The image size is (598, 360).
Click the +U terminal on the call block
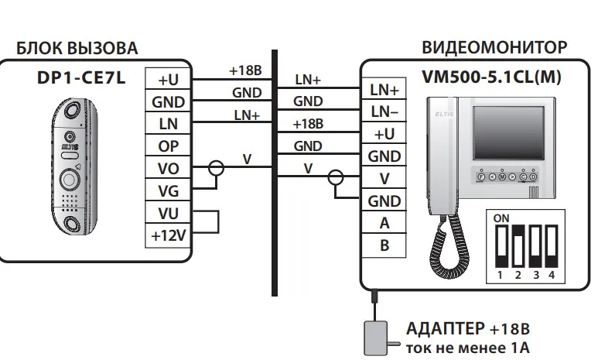click(x=167, y=80)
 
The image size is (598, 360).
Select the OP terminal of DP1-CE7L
click(x=167, y=146)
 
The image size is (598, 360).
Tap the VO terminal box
click(x=167, y=167)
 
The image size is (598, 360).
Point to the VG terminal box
click(x=167, y=190)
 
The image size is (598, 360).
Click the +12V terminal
click(x=167, y=235)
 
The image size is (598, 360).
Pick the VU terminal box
click(x=167, y=212)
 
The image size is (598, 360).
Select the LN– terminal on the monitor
click(x=384, y=112)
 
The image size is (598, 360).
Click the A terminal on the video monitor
click(x=384, y=224)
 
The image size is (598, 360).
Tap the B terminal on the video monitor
click(x=384, y=246)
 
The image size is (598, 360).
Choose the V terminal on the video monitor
click(x=384, y=179)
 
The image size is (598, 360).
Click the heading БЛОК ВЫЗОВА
click(x=77, y=48)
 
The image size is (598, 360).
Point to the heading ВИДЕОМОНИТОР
click(x=494, y=47)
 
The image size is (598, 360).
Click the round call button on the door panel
click(x=69, y=180)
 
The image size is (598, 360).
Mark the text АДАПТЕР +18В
click(x=468, y=328)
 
